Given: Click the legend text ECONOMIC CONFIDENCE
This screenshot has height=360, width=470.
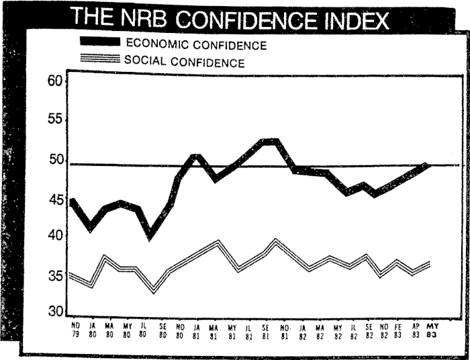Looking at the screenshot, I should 196,46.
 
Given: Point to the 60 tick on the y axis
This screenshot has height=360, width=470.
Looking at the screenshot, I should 55,81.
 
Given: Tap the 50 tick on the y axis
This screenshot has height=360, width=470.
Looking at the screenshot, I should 55,161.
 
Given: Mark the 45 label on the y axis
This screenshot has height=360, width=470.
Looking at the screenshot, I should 55,199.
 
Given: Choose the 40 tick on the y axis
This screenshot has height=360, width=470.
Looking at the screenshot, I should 55,236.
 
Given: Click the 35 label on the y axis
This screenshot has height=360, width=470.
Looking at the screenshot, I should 55,275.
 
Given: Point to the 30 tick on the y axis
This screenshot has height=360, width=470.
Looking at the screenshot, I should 55,313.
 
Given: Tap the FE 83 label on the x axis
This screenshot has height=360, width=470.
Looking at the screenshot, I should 398,330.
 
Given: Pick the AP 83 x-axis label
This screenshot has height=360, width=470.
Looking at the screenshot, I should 415,330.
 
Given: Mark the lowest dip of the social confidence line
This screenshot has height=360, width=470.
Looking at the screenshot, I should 154,291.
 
